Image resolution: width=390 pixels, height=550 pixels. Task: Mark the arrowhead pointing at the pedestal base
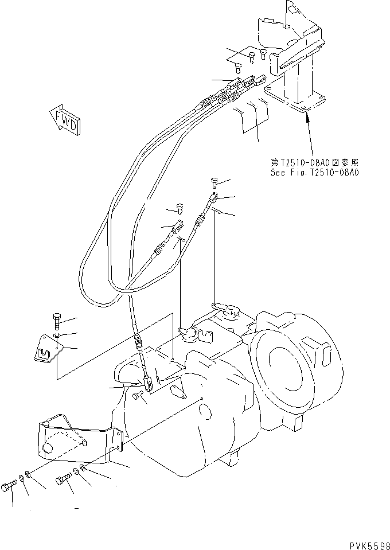308,117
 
